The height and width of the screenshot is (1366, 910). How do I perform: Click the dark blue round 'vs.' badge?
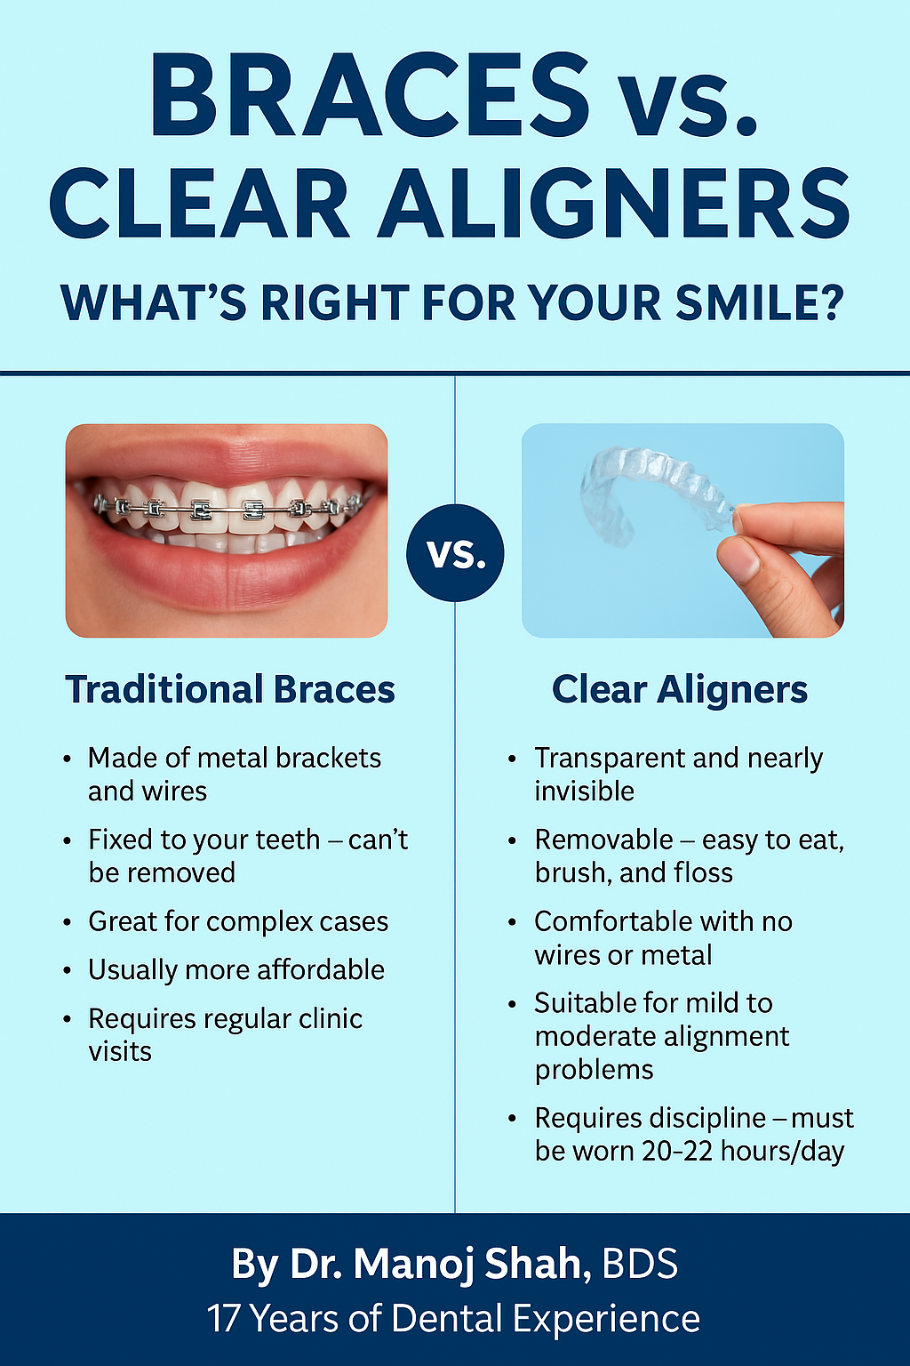(x=455, y=552)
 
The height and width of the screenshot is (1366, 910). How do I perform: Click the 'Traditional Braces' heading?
(x=230, y=690)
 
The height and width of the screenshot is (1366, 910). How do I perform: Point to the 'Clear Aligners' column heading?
(x=680, y=690)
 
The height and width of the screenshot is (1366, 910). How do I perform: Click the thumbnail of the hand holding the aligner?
(x=682, y=531)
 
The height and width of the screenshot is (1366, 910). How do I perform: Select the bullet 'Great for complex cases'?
(x=238, y=921)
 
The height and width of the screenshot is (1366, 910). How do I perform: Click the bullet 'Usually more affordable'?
(x=236, y=969)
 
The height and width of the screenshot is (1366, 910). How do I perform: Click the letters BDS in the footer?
(x=640, y=1263)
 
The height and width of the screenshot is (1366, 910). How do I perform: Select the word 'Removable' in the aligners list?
(x=603, y=840)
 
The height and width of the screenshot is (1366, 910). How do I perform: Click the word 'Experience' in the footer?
(x=606, y=1320)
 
